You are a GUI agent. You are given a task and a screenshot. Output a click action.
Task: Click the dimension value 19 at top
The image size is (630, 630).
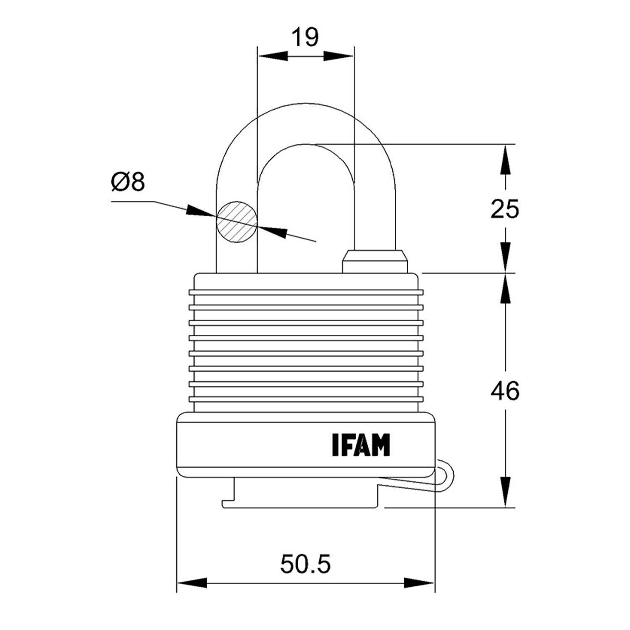[x=305, y=37]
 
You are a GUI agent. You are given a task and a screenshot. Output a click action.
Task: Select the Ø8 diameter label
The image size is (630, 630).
[x=128, y=183]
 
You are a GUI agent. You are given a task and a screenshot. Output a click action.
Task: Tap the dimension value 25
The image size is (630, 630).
[x=505, y=209]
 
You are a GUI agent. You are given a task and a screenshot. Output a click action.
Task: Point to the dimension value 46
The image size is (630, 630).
[x=505, y=391]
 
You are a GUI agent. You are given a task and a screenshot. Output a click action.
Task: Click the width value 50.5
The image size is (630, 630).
[x=305, y=564]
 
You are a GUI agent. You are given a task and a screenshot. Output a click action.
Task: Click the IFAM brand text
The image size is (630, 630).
[x=361, y=445]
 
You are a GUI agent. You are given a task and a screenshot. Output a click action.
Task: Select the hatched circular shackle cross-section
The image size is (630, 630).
[x=236, y=221]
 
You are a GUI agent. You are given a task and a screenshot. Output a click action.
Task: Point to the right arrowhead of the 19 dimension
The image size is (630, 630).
[x=339, y=56]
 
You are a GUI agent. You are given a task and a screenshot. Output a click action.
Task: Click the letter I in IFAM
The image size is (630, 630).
[x=335, y=445]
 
